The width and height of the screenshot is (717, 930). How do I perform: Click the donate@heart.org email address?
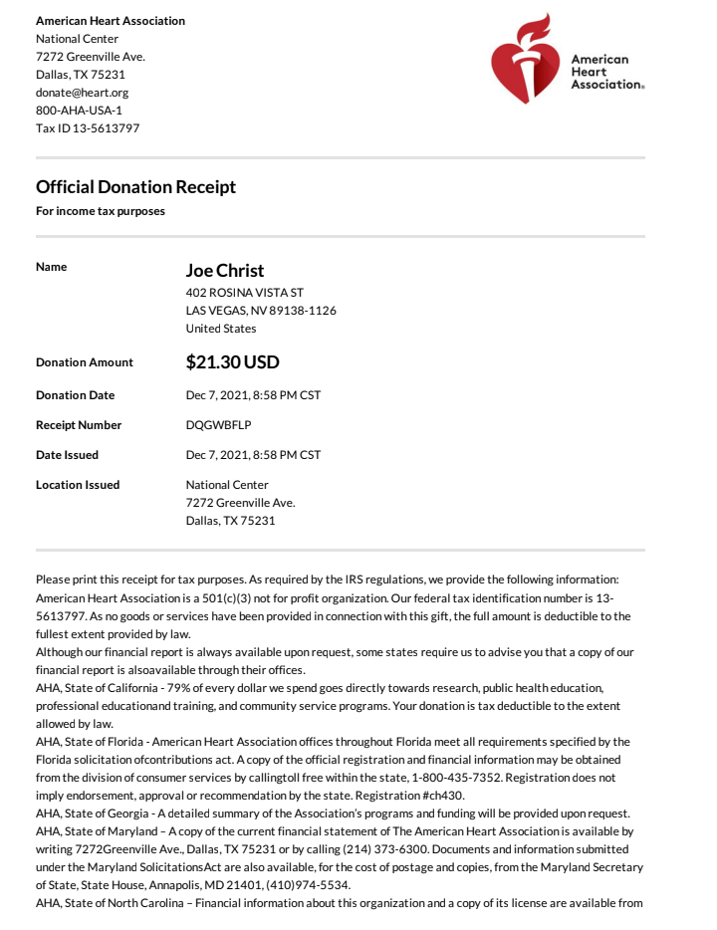[x=82, y=93]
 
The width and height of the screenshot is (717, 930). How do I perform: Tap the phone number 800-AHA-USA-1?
[x=79, y=111]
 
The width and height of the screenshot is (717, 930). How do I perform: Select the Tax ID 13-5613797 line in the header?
[x=88, y=128]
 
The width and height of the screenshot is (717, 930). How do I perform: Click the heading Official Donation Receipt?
[x=135, y=187]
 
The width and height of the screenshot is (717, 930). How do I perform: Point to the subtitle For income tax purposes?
[x=101, y=211]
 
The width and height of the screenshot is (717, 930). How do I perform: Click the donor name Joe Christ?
[x=225, y=271]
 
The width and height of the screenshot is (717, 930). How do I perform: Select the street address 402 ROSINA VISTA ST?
[x=245, y=293]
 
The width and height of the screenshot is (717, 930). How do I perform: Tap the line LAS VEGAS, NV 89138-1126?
[x=261, y=311]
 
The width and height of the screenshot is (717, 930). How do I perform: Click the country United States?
[x=221, y=329]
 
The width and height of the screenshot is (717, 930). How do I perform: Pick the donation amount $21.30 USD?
[x=233, y=362]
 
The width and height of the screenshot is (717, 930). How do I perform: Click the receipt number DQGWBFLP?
[x=219, y=425]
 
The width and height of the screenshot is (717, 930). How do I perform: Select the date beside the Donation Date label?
[x=253, y=395]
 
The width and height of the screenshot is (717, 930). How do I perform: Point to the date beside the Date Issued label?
[x=253, y=455]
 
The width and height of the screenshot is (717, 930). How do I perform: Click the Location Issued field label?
[x=78, y=485]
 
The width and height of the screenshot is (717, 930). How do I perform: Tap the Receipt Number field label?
[x=79, y=425]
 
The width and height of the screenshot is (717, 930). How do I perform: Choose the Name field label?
[x=52, y=267]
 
